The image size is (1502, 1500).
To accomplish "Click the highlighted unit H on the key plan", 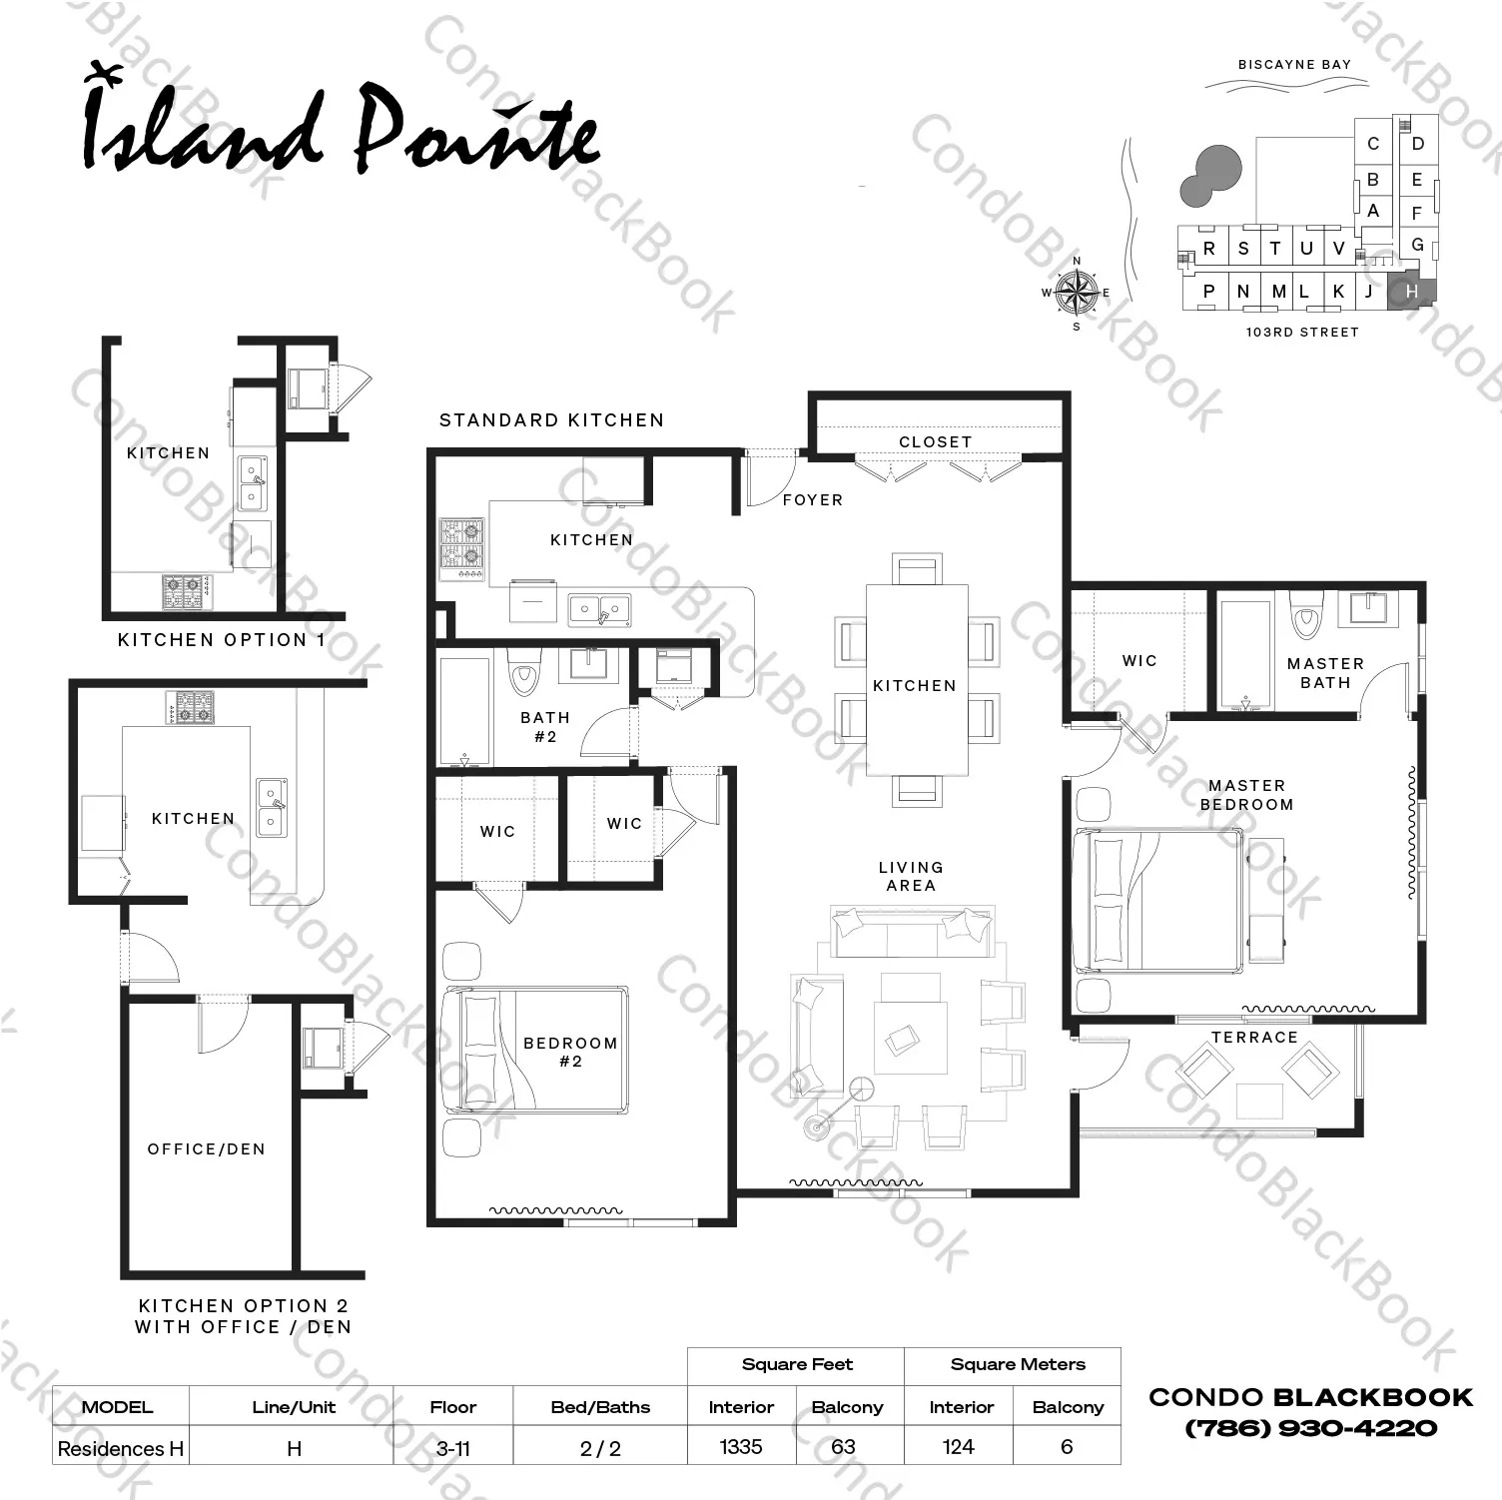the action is tap(1411, 291).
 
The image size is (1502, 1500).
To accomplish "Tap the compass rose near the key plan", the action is tap(1077, 293).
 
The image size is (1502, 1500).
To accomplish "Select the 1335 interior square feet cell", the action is tap(741, 1446).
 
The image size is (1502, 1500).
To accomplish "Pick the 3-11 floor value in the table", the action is tap(453, 1448).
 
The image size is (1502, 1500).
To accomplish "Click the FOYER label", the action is tap(813, 500).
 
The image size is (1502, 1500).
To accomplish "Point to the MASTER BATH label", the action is tap(1325, 673).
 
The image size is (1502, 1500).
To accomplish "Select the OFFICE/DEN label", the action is tap(207, 1149).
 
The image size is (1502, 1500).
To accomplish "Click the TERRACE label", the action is tap(1254, 1038).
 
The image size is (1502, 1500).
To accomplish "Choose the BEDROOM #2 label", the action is tap(570, 1052).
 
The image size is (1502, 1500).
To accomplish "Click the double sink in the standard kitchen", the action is tap(599, 607).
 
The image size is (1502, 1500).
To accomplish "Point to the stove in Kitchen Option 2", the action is tap(191, 707).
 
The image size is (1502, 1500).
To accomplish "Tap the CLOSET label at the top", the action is tap(936, 441).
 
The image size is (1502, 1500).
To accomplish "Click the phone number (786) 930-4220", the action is tap(1311, 1428).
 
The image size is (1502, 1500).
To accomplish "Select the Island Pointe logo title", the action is tap(341, 125).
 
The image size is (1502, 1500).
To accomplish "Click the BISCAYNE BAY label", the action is tap(1294, 65).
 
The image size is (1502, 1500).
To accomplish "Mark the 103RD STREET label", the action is tap(1302, 332).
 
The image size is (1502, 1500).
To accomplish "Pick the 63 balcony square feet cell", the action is tap(844, 1446).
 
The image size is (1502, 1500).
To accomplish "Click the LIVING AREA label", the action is tap(911, 877).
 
